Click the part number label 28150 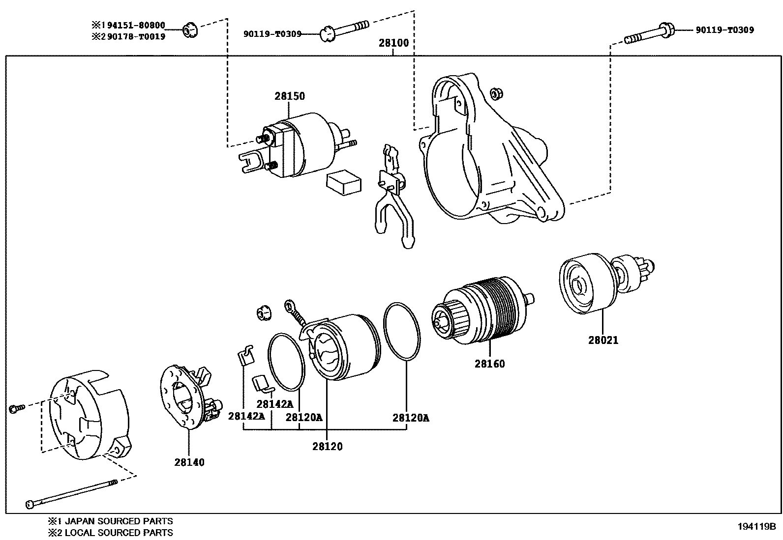[290, 96]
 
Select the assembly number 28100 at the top [393, 43]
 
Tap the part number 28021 [603, 340]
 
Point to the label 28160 [489, 364]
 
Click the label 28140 [189, 462]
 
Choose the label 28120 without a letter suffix [327, 447]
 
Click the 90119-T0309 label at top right [724, 30]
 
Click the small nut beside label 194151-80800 [190, 31]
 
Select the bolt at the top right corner [649, 34]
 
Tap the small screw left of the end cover [16, 408]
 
